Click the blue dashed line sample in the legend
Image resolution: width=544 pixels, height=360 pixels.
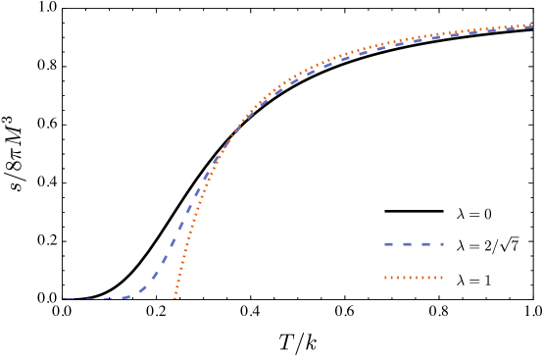click(x=414, y=244)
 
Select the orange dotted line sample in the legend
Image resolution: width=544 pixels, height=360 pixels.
click(x=414, y=278)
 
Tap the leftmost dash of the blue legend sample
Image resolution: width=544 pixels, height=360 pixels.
click(x=388, y=244)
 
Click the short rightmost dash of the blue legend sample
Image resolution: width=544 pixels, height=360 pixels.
click(x=440, y=244)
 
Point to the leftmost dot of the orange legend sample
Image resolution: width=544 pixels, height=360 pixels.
click(x=386, y=278)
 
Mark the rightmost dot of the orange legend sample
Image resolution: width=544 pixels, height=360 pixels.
click(x=441, y=278)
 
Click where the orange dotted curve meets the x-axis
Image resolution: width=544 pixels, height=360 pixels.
click(x=175, y=296)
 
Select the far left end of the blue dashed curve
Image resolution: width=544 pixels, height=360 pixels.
click(x=67, y=299)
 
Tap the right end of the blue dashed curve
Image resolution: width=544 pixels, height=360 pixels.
click(x=531, y=26)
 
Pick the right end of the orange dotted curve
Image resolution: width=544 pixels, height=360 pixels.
click(x=531, y=25)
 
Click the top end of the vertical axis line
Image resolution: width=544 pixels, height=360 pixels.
click(x=64, y=10)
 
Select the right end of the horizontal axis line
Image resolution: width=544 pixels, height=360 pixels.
click(x=532, y=299)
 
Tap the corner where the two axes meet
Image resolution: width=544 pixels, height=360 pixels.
click(x=64, y=299)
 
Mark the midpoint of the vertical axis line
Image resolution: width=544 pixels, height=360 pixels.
click(x=64, y=154)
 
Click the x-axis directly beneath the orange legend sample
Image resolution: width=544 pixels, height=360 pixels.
click(x=414, y=299)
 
